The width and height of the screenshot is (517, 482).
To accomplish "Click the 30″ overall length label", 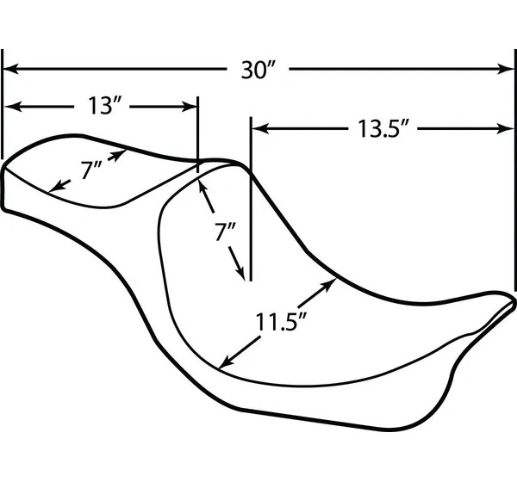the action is tap(258, 70).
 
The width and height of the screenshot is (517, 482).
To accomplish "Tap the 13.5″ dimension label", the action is tap(383, 128).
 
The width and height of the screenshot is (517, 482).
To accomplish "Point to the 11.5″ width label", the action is tap(281, 322).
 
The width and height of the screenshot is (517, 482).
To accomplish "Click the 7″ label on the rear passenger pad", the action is tap(91, 170).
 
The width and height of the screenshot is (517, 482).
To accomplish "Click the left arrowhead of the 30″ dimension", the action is tap(9, 69).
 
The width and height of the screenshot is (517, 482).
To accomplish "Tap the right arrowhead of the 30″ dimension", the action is tap(507, 69).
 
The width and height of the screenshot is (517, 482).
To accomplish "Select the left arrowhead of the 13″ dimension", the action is tap(11, 107).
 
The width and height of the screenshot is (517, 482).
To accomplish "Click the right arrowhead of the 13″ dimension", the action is tap(190, 107).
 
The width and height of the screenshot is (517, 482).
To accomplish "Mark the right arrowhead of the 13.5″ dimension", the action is tap(507, 128).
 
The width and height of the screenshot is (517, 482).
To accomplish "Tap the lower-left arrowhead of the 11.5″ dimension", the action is tap(226, 362).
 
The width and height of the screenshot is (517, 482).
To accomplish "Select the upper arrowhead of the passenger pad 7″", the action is tap(120, 154).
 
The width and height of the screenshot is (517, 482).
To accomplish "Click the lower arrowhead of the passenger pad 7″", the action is tap(55, 188).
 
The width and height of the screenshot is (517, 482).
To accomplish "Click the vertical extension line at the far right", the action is tap(515, 170).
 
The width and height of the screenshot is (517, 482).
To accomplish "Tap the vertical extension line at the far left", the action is tap(3, 104).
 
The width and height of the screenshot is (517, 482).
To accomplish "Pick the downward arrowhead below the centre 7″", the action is tap(240, 274).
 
